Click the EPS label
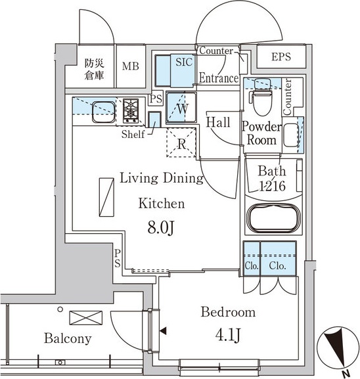pyautogui.click(x=281, y=56)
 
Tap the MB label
pyautogui.click(x=131, y=66)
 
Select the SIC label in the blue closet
pyautogui.click(x=184, y=62)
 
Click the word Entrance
pyautogui.click(x=219, y=78)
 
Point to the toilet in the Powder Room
pyautogui.click(x=263, y=98)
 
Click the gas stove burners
pyautogui.click(x=131, y=111)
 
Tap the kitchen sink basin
pyautogui.click(x=104, y=112)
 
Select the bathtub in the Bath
pyautogui.click(x=274, y=219)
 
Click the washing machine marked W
pyautogui.click(x=181, y=107)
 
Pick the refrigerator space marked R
pyautogui.click(x=181, y=143)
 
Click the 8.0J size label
pyautogui.click(x=161, y=228)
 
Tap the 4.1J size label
pyautogui.click(x=228, y=335)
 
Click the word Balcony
pyautogui.click(x=68, y=338)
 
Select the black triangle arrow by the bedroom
pyautogui.click(x=163, y=331)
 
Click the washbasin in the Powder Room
pyautogui.click(x=291, y=135)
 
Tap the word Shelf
pyautogui.click(x=133, y=134)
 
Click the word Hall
pyautogui.click(x=218, y=122)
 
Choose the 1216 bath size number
pyautogui.click(x=272, y=186)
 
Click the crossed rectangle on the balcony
pyautogui.click(x=85, y=318)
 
